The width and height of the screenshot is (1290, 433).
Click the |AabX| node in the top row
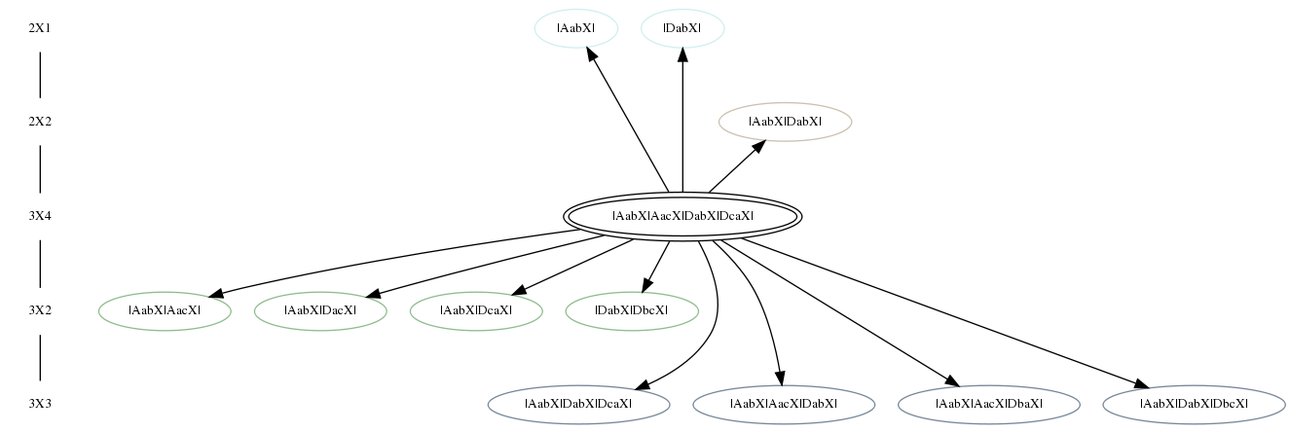(x=576, y=28)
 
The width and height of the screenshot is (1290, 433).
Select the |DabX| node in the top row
(x=682, y=28)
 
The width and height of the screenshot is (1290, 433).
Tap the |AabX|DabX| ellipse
(x=785, y=122)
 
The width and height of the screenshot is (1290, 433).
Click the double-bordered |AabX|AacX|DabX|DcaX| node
(x=682, y=216)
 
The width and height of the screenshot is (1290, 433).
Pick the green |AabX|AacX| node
(x=165, y=311)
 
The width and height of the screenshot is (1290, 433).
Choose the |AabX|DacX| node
(x=320, y=311)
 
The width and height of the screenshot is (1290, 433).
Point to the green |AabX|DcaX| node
(x=476, y=311)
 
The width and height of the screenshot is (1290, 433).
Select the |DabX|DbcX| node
(x=632, y=311)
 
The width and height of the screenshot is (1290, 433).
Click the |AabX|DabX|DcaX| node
(x=578, y=404)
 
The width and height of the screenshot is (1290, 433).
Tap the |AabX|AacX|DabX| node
(x=784, y=404)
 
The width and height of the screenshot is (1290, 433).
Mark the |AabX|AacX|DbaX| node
(x=989, y=404)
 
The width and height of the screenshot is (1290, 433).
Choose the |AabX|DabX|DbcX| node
(x=1194, y=404)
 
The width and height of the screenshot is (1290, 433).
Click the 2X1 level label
(x=40, y=28)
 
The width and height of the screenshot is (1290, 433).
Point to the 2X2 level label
(x=40, y=122)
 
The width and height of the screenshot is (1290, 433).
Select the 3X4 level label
(x=40, y=216)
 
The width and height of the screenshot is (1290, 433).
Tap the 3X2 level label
(x=40, y=311)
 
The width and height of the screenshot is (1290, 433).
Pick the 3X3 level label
(x=40, y=404)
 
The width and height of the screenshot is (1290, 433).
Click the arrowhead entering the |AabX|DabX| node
(x=759, y=147)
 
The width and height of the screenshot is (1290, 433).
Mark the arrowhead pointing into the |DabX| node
(x=682, y=55)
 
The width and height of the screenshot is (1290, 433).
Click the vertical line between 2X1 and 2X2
(x=40, y=75)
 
